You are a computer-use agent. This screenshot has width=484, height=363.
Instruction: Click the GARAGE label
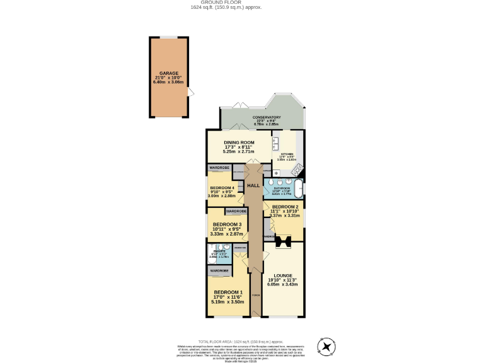pyautogui.click(x=168, y=73)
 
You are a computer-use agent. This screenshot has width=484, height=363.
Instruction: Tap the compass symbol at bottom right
pyautogui.click(x=326, y=346)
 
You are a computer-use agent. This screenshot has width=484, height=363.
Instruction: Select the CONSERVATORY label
pyautogui.click(x=267, y=117)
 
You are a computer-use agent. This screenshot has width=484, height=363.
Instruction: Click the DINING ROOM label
pyautogui.click(x=239, y=142)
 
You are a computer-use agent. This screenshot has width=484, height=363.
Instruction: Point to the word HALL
pyautogui.click(x=253, y=186)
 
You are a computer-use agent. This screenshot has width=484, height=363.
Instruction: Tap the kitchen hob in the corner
pyautogui.click(x=297, y=170)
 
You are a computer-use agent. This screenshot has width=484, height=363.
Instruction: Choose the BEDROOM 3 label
pyautogui.click(x=226, y=224)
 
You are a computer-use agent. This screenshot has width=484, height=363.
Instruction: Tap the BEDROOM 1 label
pyautogui.click(x=228, y=292)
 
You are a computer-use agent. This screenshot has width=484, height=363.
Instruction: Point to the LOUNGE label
pyautogui.click(x=283, y=275)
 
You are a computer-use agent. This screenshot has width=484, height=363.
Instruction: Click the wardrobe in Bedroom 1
pyautogui.click(x=219, y=270)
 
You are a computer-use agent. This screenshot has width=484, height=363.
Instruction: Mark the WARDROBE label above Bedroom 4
pyautogui.click(x=219, y=168)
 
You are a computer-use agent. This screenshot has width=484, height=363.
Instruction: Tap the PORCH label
pyautogui.click(x=256, y=295)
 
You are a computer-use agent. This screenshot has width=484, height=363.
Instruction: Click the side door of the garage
pyautogui.click(x=190, y=93)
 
